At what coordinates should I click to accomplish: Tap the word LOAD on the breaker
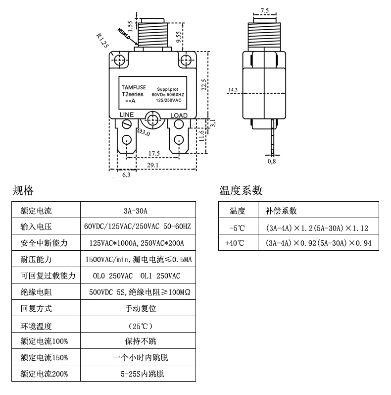(179, 115)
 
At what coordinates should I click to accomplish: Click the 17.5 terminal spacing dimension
(154, 153)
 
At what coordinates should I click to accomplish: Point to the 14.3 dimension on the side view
(233, 90)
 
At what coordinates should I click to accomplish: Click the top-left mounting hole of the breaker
(119, 60)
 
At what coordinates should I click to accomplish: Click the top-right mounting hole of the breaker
(186, 60)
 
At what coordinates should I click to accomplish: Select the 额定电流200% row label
(44, 374)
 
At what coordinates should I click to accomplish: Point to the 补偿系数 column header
(281, 211)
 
